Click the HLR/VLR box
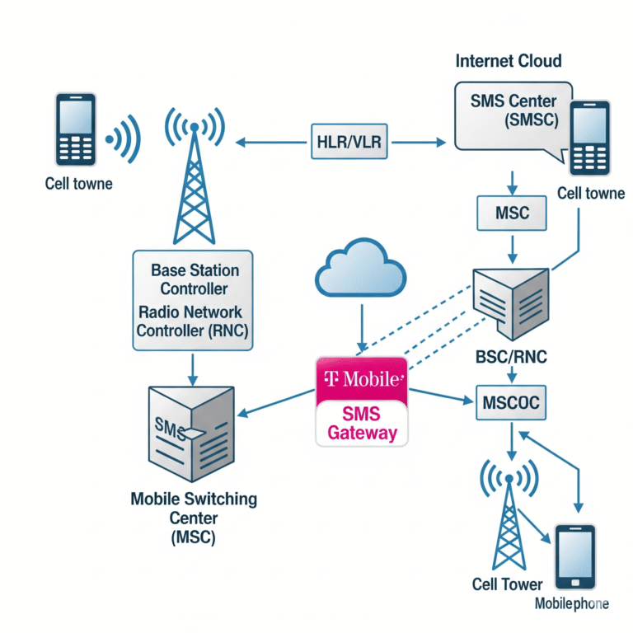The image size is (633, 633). point(349,142)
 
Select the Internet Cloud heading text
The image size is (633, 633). point(509,61)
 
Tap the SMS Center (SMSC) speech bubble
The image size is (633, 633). point(503,115)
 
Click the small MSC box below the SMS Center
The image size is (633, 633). point(513,213)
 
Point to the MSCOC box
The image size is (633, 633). point(513,404)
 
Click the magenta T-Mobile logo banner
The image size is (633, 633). point(362,380)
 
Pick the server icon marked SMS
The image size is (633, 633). point(184,432)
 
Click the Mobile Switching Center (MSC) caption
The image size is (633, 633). point(194,518)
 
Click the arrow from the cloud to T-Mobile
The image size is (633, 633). point(360,326)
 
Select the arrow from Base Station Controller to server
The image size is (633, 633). point(193,368)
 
